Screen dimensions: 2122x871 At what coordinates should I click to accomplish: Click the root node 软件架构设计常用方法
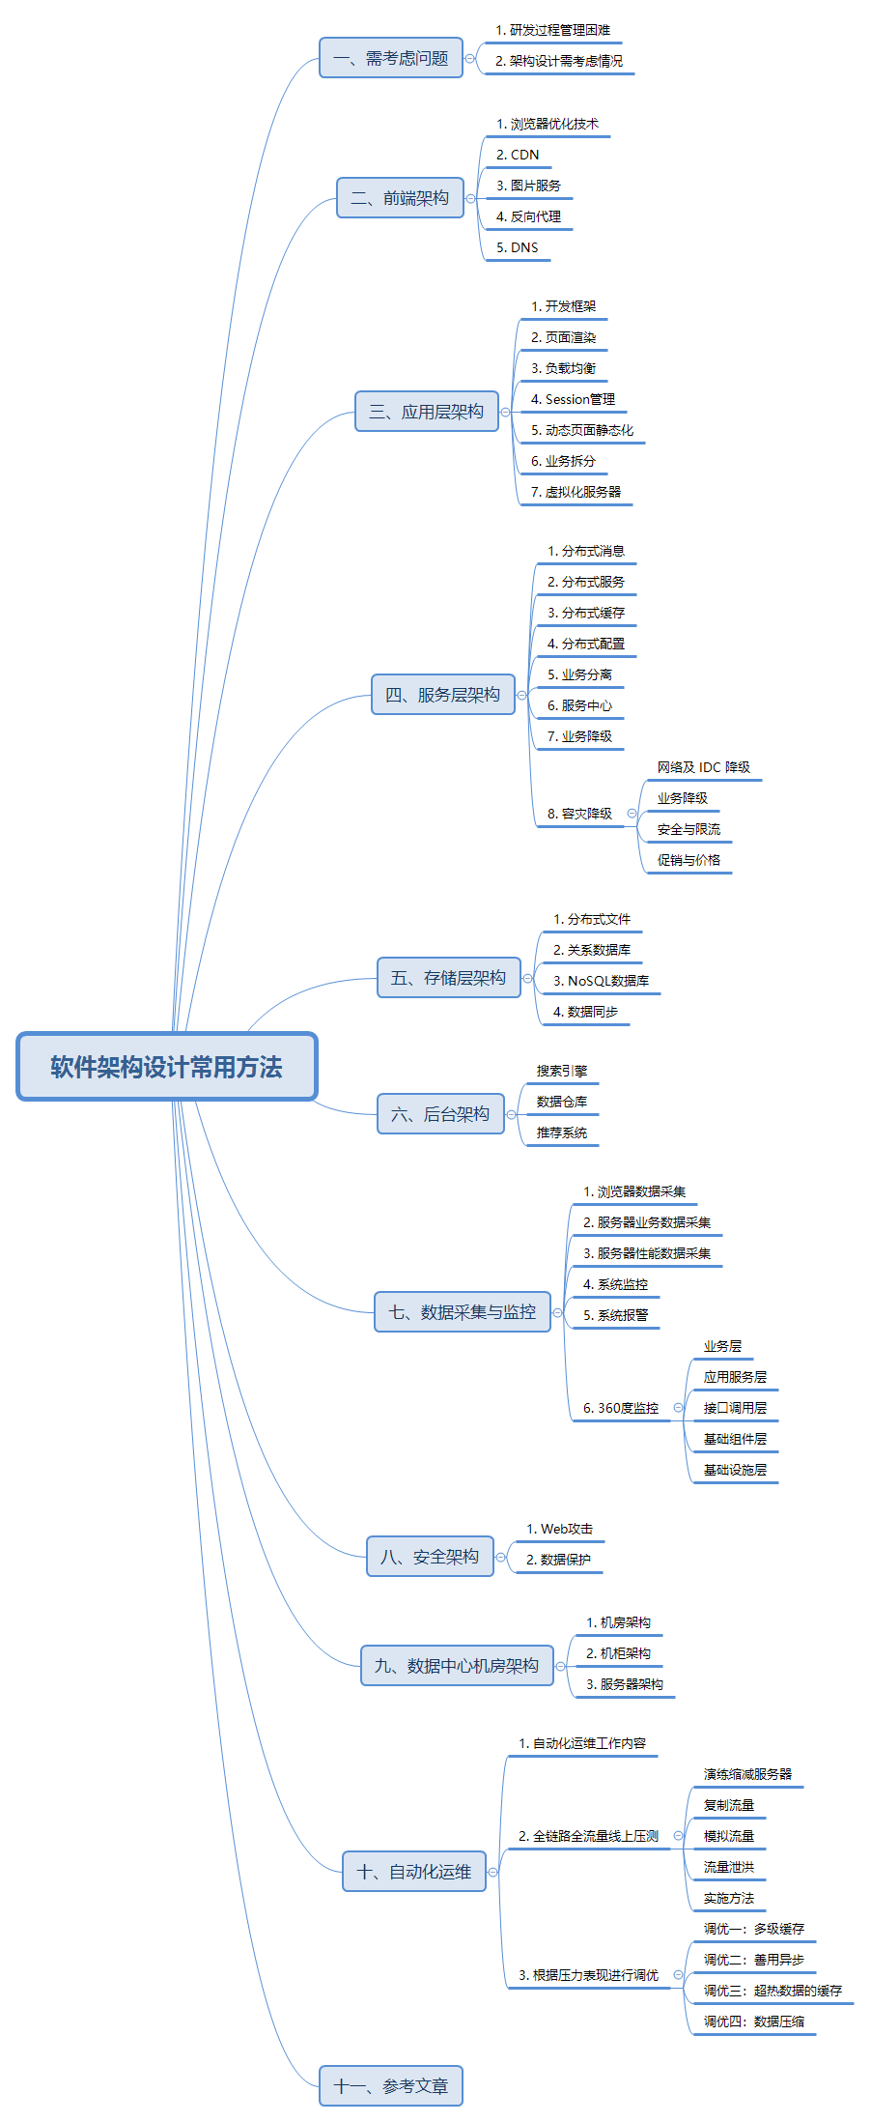[166, 1067]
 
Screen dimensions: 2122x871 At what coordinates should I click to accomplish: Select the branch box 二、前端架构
[400, 198]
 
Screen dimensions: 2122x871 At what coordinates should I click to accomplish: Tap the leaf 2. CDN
[518, 155]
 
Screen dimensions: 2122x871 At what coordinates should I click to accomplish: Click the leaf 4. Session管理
[573, 399]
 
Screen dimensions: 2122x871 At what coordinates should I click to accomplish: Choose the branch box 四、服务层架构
[442, 695]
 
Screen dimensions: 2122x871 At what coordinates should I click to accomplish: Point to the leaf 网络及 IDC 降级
[703, 767]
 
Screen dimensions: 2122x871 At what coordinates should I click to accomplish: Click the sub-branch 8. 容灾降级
[579, 814]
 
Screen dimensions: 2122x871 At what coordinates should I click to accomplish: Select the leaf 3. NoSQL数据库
[601, 981]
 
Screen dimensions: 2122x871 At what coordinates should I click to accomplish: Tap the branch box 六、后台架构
[439, 1114]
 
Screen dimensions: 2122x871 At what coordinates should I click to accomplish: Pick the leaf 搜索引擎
[562, 1071]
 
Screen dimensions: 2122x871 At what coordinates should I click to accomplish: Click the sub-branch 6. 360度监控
[620, 1408]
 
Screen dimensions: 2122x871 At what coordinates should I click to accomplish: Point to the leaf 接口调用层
[735, 1408]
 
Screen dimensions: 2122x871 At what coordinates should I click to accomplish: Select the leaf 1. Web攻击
[559, 1529]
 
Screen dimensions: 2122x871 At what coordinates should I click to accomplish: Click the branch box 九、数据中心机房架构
[456, 1666]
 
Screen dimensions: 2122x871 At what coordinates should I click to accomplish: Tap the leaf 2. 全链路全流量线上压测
[588, 1836]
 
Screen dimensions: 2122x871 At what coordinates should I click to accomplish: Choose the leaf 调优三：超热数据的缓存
[773, 1991]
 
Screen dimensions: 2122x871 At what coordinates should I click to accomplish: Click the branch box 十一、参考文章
[390, 2086]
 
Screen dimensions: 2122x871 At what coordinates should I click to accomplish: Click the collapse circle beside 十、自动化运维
[493, 1872]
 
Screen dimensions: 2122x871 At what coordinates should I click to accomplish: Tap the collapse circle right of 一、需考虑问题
[470, 58]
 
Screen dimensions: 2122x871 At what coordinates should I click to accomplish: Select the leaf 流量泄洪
[729, 1867]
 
